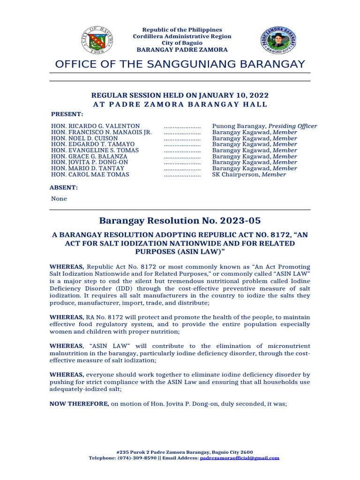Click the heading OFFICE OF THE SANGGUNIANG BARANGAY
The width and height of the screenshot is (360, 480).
click(180, 64)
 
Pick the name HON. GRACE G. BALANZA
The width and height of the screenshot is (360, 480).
click(89, 157)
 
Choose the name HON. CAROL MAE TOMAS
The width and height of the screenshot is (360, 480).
click(90, 174)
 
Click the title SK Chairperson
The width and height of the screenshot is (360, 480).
click(235, 174)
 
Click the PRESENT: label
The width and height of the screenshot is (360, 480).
click(67, 114)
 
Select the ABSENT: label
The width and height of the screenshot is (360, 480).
click(64, 187)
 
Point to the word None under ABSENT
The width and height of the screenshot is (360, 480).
click(59, 199)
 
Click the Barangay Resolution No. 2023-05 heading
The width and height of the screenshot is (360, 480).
click(180, 221)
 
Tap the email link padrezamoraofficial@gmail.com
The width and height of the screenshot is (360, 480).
click(240, 458)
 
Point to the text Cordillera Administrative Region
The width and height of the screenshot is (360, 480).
click(182, 37)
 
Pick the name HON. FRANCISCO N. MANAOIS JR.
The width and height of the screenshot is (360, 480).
click(101, 132)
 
